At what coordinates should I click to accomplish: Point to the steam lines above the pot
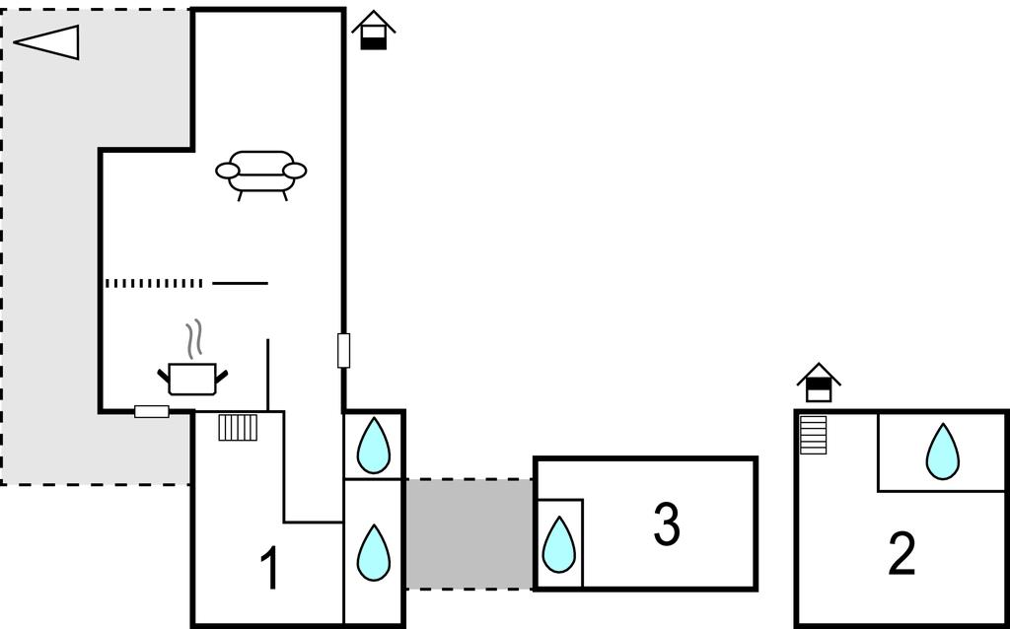pyautogui.click(x=194, y=339)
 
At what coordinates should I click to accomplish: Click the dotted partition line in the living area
pyautogui.click(x=154, y=283)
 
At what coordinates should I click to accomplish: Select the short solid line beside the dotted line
pyautogui.click(x=241, y=283)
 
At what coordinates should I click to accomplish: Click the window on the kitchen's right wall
pyautogui.click(x=344, y=351)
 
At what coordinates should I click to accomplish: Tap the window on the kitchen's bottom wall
pyautogui.click(x=152, y=411)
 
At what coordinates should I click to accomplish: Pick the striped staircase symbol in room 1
pyautogui.click(x=238, y=428)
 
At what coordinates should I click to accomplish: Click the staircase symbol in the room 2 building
pyautogui.click(x=813, y=435)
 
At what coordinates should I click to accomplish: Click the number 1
pyautogui.click(x=270, y=568)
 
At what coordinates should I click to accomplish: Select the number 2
pyautogui.click(x=902, y=555)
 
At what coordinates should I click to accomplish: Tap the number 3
pyautogui.click(x=666, y=524)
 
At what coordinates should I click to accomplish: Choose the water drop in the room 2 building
pyautogui.click(x=942, y=452)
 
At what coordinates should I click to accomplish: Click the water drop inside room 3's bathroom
pyautogui.click(x=558, y=544)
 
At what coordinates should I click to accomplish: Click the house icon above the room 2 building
pyautogui.click(x=819, y=383)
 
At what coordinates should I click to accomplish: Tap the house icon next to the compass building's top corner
pyautogui.click(x=374, y=31)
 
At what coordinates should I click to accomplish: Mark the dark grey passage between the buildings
pyautogui.click(x=469, y=533)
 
